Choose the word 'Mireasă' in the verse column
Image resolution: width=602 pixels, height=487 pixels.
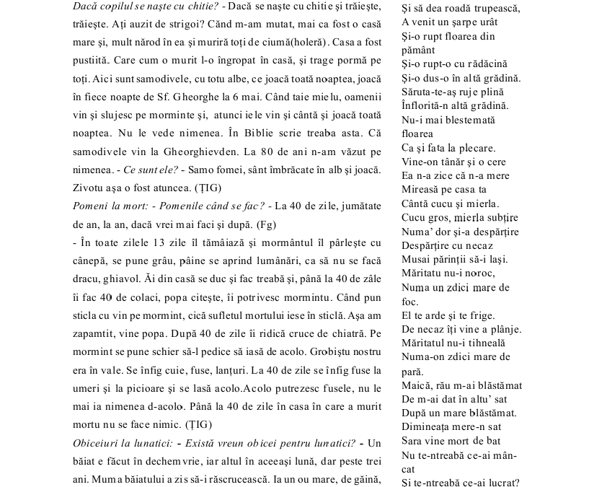click(x=422, y=189)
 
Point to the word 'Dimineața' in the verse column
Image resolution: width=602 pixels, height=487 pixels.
click(x=428, y=426)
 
